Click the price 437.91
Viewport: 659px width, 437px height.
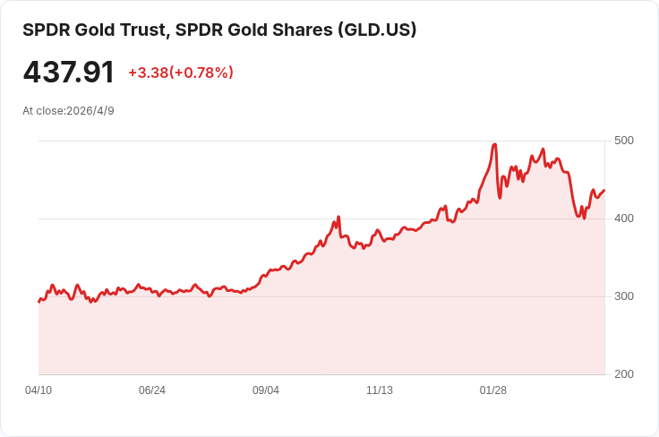69,73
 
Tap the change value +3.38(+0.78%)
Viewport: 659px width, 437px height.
180,73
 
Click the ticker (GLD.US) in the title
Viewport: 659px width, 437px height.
376,30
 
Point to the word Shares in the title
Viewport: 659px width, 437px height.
301,30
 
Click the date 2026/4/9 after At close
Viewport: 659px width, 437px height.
90,111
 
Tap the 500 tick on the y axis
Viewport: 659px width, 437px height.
623,141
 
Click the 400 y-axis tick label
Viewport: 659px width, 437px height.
623,218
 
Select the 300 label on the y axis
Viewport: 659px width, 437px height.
623,296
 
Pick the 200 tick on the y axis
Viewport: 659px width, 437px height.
623,374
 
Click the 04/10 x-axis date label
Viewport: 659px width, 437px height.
39,390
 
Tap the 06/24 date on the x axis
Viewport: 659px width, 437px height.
152,390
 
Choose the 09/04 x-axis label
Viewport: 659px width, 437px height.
266,390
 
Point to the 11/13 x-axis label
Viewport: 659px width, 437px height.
380,390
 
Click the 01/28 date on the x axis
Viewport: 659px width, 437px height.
493,390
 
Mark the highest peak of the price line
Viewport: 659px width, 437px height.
494,144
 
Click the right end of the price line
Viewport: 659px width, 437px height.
604,190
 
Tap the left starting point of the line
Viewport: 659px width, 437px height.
39,302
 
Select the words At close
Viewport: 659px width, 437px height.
43,111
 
